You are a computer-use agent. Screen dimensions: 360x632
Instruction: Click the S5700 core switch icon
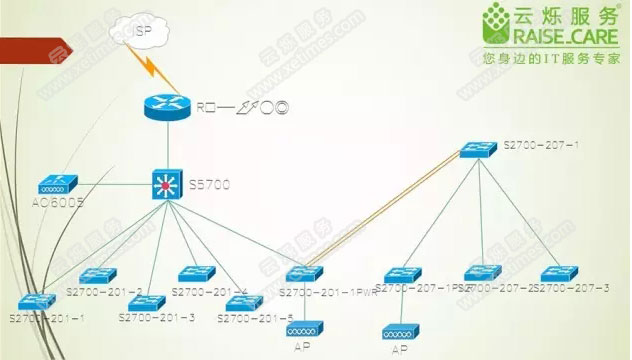(164, 184)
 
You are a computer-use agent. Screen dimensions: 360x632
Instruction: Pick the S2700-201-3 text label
(157, 317)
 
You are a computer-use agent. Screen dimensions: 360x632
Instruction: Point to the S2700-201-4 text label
(209, 292)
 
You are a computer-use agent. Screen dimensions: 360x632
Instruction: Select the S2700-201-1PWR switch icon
(302, 273)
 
